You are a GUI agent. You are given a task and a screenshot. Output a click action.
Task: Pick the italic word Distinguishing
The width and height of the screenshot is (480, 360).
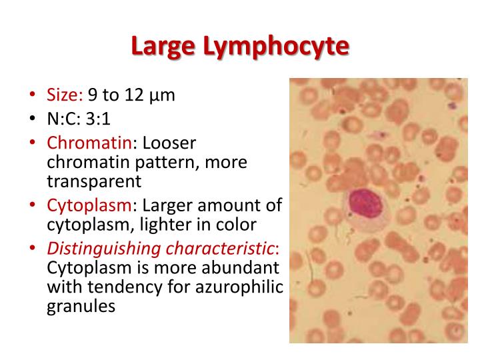coord(95,249)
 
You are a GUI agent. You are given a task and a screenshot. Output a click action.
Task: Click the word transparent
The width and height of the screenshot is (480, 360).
coord(94,181)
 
